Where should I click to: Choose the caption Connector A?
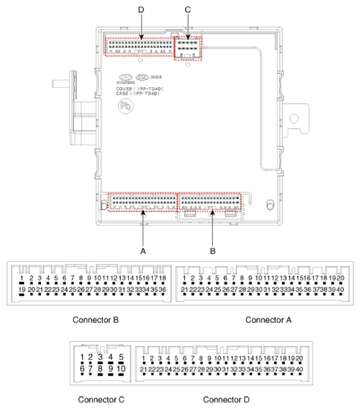click(269, 320)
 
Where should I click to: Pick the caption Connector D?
click(226, 400)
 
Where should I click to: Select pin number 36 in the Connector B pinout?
click(162, 289)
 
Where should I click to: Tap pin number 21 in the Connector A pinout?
click(184, 289)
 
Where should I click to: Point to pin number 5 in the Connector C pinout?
click(121, 357)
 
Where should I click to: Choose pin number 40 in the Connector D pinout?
click(299, 369)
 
